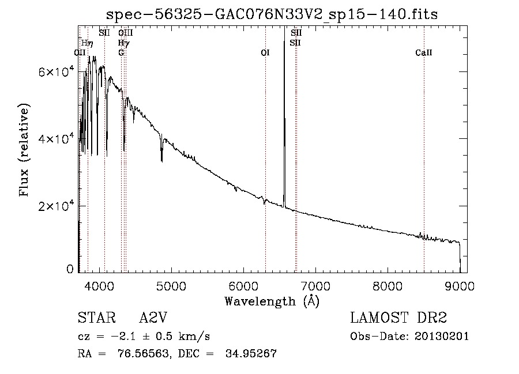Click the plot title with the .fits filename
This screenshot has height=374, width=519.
pos(272,14)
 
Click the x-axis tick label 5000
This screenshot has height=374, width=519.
pos(171,284)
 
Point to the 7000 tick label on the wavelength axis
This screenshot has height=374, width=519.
pos(315,284)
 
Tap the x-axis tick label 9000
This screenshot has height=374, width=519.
pos(460,284)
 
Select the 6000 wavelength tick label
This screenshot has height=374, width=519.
pos(243,284)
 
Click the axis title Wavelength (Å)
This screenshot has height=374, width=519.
pos(272,300)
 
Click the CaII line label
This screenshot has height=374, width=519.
pos(424,53)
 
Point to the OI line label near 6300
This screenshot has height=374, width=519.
pos(265,53)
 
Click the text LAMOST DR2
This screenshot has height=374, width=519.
pos(398,318)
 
